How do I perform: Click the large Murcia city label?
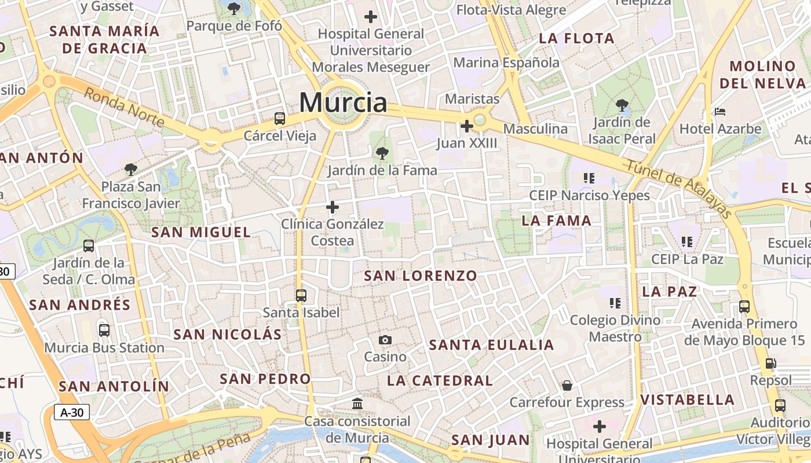[x=343, y=103]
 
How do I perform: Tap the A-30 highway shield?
[x=72, y=412]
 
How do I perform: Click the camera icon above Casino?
[x=385, y=340]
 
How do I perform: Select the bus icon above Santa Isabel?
[x=301, y=295]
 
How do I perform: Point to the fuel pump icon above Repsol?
[x=770, y=363]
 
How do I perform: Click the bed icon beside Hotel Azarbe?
[x=720, y=111]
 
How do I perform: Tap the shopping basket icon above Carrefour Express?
[x=567, y=385]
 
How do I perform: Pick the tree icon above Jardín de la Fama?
[x=382, y=153]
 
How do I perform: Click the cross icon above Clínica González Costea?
[x=333, y=207]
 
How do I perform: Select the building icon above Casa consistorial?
[x=357, y=403]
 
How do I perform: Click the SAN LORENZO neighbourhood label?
[x=421, y=275]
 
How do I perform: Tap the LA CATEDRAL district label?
[x=440, y=380]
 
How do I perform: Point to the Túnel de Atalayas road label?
[x=679, y=189]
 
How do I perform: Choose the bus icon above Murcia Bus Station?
[x=104, y=330]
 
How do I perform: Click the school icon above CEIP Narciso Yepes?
[x=589, y=178]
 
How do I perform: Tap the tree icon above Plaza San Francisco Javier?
[x=131, y=169]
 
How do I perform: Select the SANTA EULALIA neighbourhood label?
[x=491, y=346]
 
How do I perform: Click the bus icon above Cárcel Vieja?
[x=280, y=119]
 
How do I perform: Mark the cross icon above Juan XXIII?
[x=466, y=126]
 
